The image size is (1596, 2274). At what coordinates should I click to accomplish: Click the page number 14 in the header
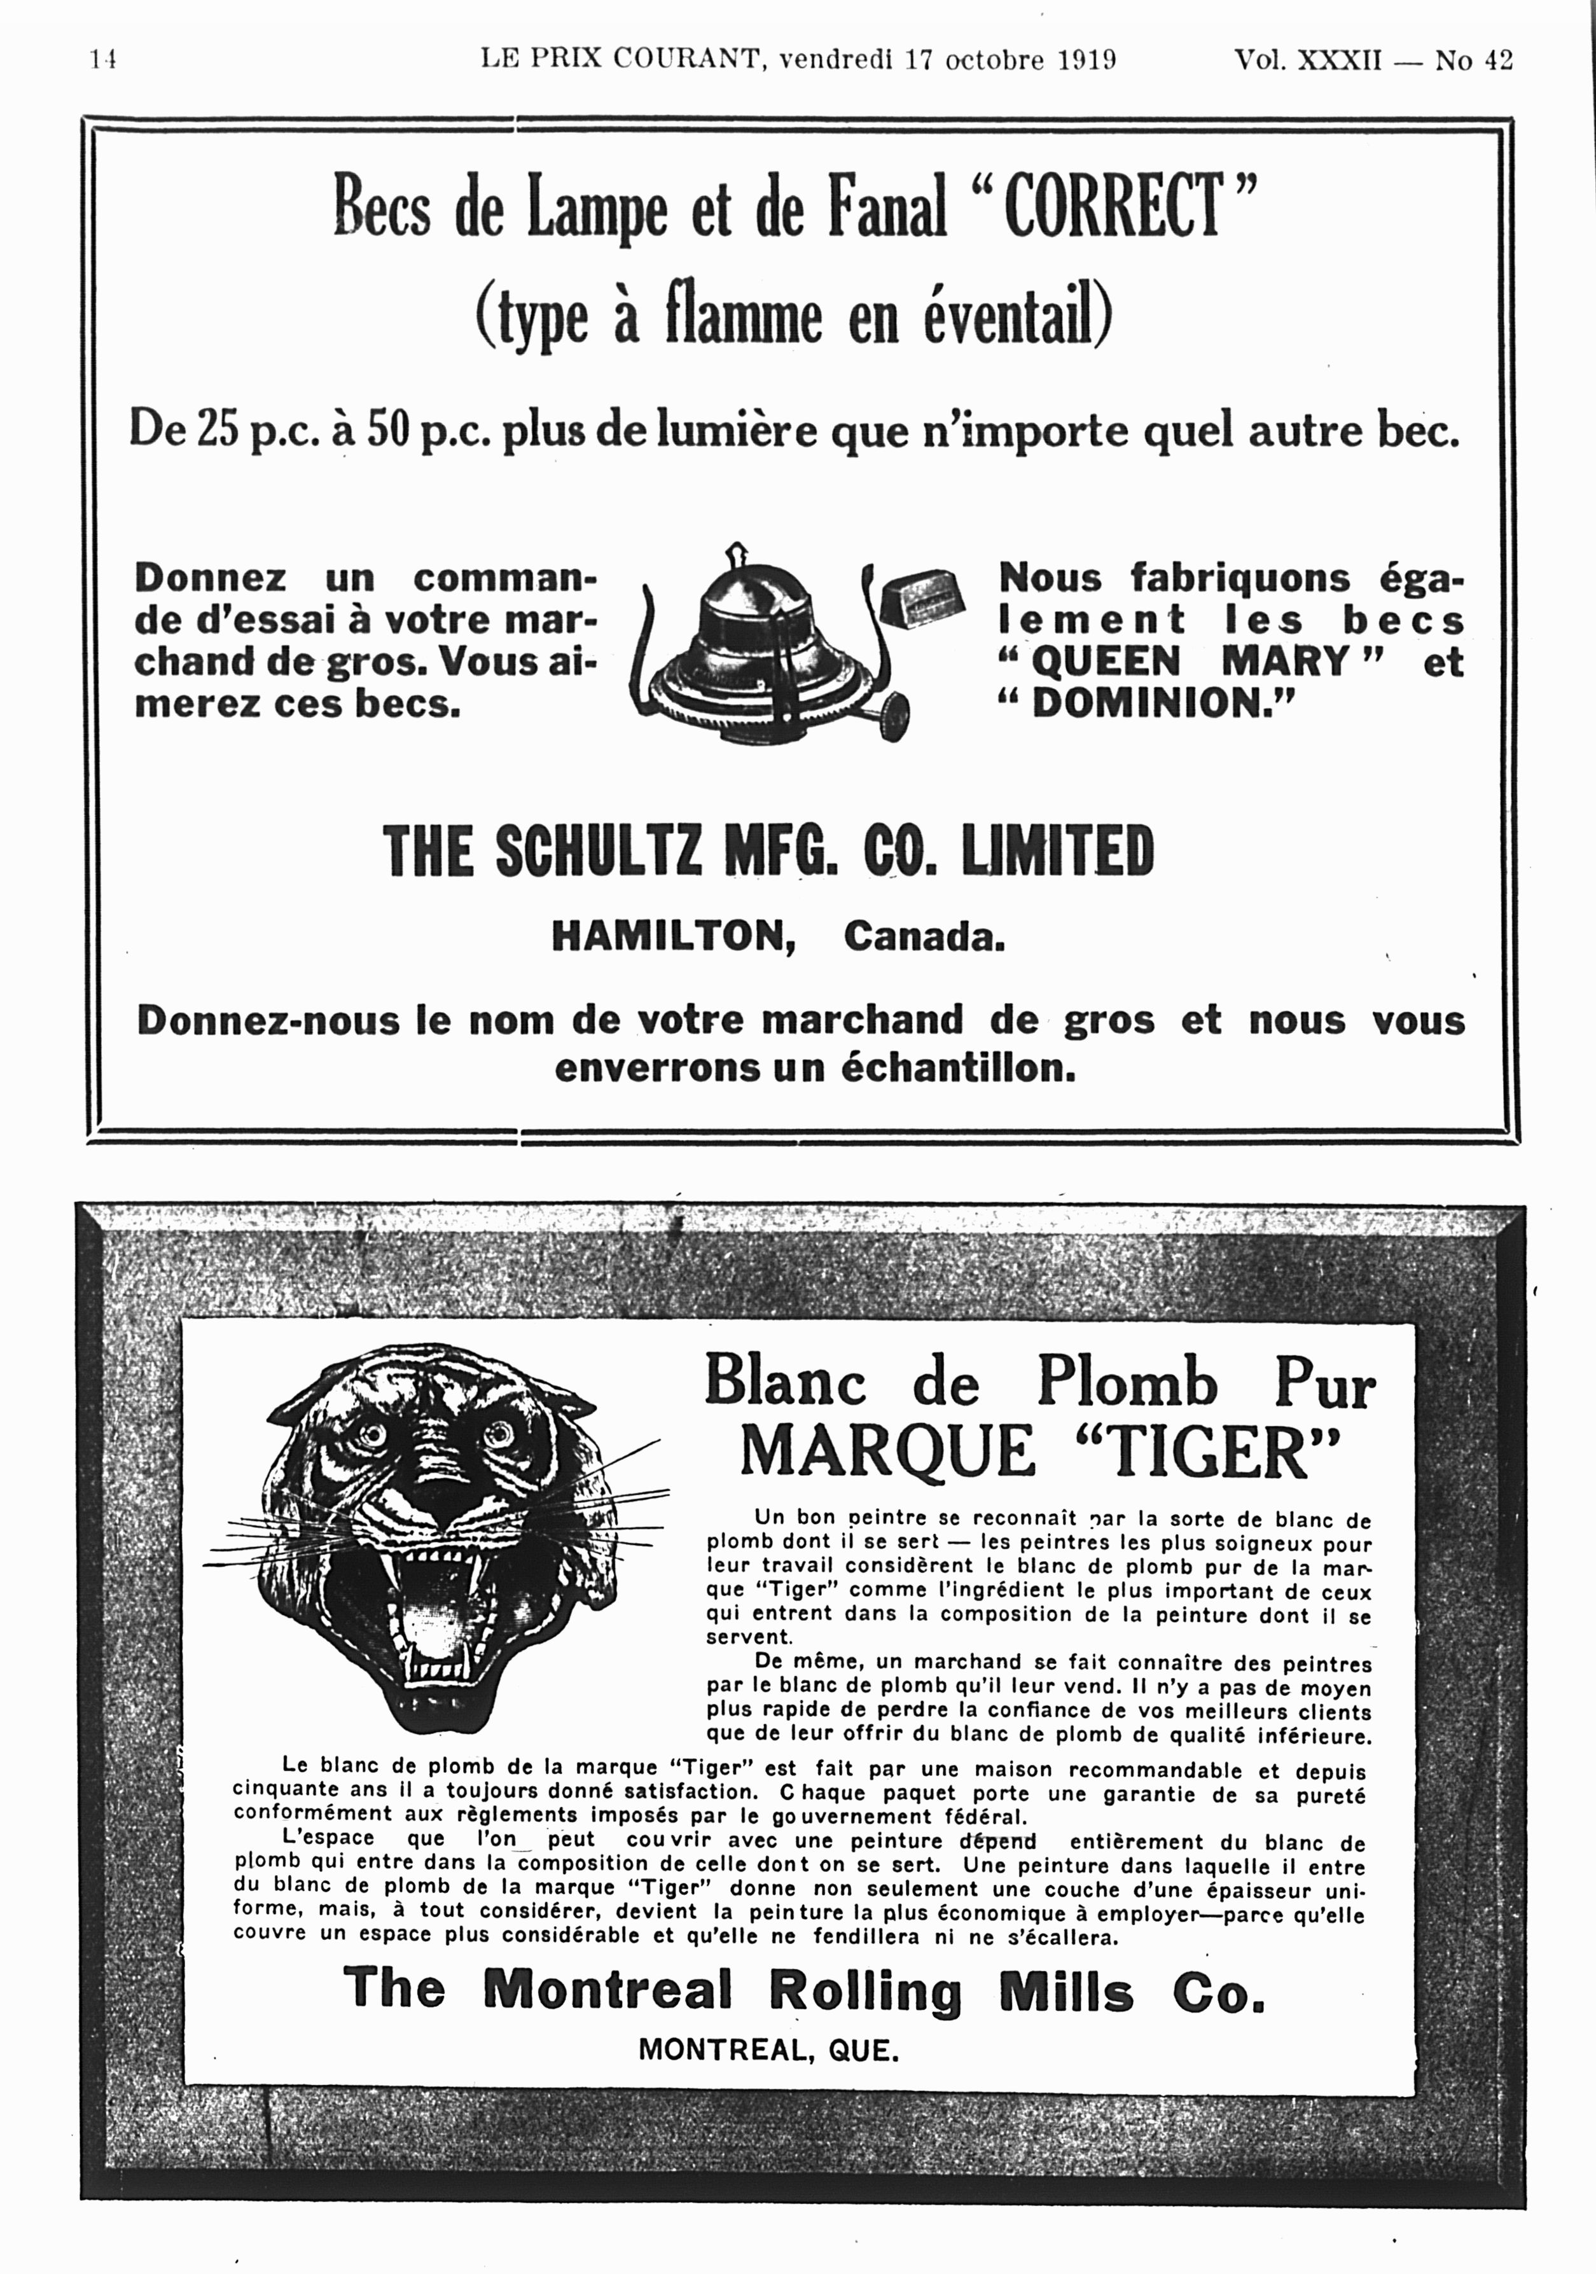coord(103,60)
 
